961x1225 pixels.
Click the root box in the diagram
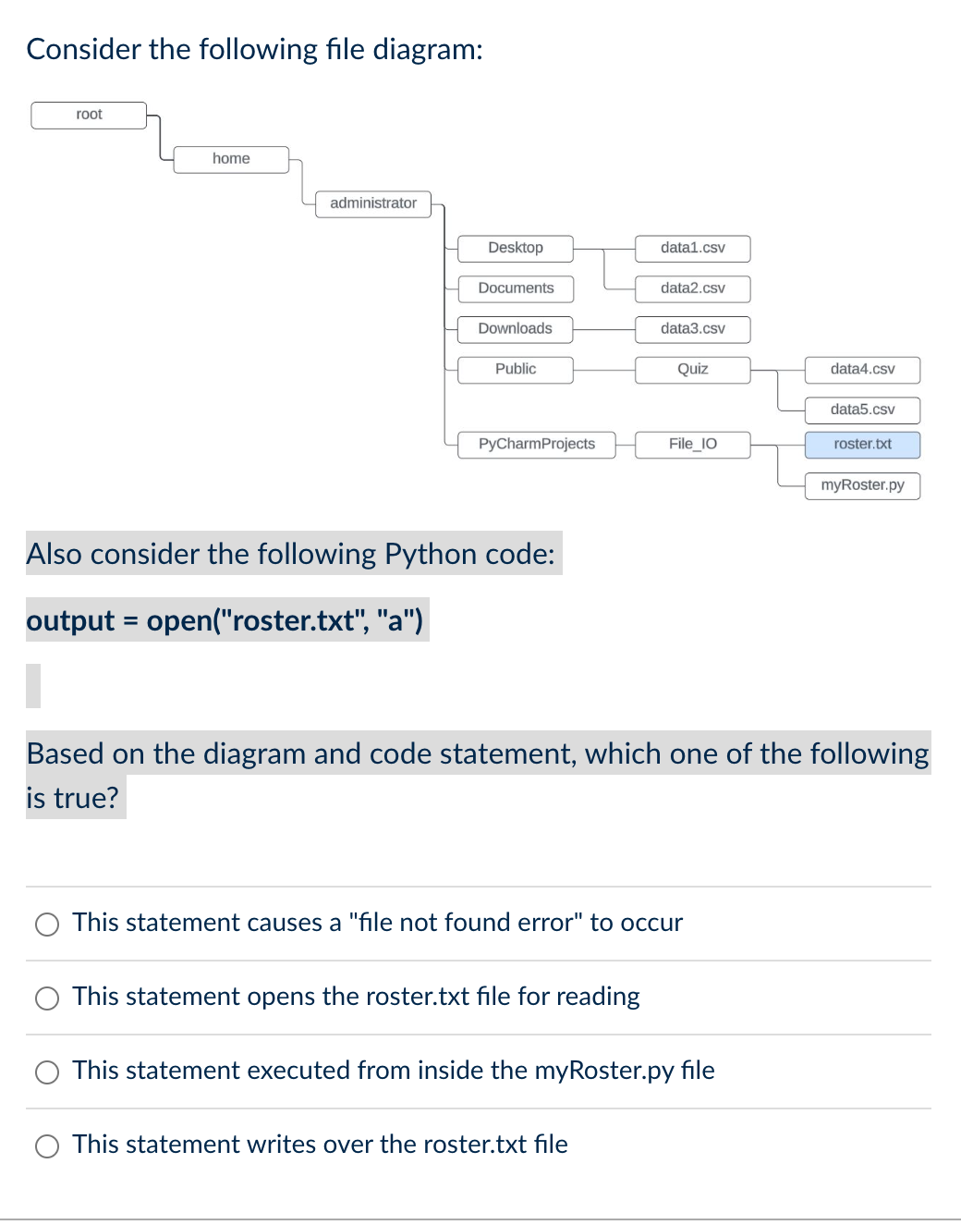pos(89,115)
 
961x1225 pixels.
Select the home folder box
pos(231,159)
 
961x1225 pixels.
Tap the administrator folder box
pos(373,203)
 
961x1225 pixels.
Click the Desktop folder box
pos(516,248)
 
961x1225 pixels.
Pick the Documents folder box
pos(516,288)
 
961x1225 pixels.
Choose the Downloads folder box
pos(516,329)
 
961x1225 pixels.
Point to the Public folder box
pos(516,370)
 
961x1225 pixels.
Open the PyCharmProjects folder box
pos(537,445)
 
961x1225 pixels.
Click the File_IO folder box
pos(693,445)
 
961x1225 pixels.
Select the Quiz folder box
pos(693,370)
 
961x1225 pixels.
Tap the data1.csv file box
pos(693,248)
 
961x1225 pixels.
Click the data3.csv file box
pos(693,329)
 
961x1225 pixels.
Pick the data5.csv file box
pos(862,410)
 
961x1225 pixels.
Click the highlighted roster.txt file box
pos(862,445)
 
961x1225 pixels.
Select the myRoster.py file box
pos(862,485)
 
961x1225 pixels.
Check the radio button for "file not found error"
pos(47,925)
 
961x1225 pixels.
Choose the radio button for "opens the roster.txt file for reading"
pos(47,998)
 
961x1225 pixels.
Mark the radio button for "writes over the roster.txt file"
pos(47,1146)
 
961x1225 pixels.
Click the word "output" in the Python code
pos(70,620)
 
